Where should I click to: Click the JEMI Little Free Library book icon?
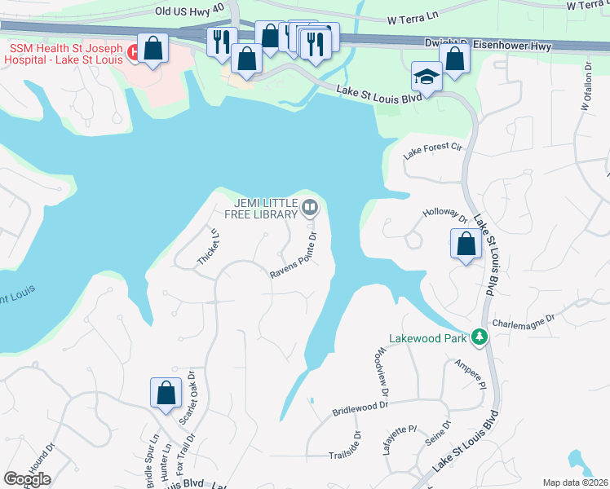[310, 208]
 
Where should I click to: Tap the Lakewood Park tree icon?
[481, 336]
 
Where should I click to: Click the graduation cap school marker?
[426, 76]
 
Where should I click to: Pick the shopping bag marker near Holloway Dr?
[465, 244]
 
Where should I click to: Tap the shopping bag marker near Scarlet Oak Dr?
[166, 393]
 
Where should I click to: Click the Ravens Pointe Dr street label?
[294, 258]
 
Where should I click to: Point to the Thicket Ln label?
[208, 247]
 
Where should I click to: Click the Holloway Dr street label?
[444, 216]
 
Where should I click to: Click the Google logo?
[28, 478]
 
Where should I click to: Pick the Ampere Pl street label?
[471, 374]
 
